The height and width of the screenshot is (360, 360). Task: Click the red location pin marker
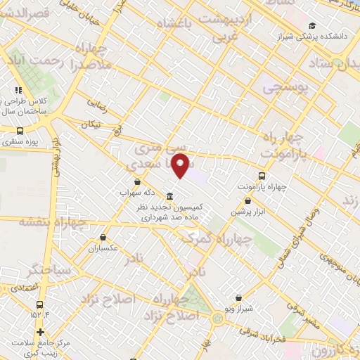pos(181,166)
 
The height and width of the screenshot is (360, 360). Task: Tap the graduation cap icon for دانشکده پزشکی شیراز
pos(311,27)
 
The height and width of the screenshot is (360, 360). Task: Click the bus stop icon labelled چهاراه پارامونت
pos(262,176)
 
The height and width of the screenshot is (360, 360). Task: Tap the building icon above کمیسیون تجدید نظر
pos(170,196)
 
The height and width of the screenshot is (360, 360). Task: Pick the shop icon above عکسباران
pos(103,237)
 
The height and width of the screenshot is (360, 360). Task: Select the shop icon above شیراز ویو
pos(238,298)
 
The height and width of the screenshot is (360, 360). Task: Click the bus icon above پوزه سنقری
pos(20,130)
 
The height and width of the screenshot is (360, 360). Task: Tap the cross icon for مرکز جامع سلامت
pos(40,333)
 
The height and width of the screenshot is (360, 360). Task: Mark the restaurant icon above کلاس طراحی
pos(18,90)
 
